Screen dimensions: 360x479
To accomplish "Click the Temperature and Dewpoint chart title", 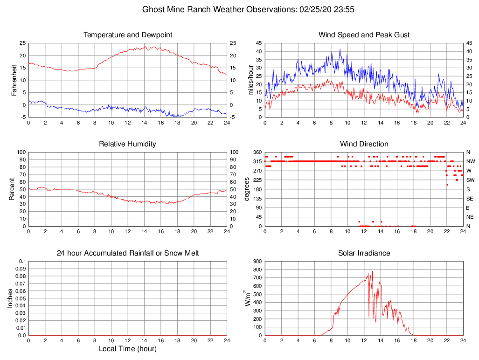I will click(x=128, y=35).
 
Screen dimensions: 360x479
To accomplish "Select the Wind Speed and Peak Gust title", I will click(x=364, y=35).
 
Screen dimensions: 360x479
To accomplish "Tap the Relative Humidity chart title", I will click(x=128, y=144).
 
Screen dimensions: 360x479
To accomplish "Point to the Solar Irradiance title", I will click(x=364, y=253).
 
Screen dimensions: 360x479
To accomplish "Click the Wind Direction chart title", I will click(x=364, y=144).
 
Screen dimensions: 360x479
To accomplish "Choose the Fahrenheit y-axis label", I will click(x=14, y=80).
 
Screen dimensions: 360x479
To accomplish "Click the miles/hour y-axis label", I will click(x=251, y=80).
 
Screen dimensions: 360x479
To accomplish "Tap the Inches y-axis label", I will click(x=10, y=298).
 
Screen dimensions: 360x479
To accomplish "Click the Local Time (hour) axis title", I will click(x=128, y=349).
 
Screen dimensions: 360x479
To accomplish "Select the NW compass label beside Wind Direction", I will click(x=470, y=161).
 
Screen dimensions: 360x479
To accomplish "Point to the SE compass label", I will click(x=470, y=199).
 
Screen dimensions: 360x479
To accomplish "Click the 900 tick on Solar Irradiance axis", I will click(x=257, y=261).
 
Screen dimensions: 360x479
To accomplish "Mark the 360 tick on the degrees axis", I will click(x=257, y=152).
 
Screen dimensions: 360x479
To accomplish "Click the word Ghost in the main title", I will click(x=153, y=9).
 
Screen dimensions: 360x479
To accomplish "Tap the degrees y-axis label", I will click(x=247, y=189).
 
